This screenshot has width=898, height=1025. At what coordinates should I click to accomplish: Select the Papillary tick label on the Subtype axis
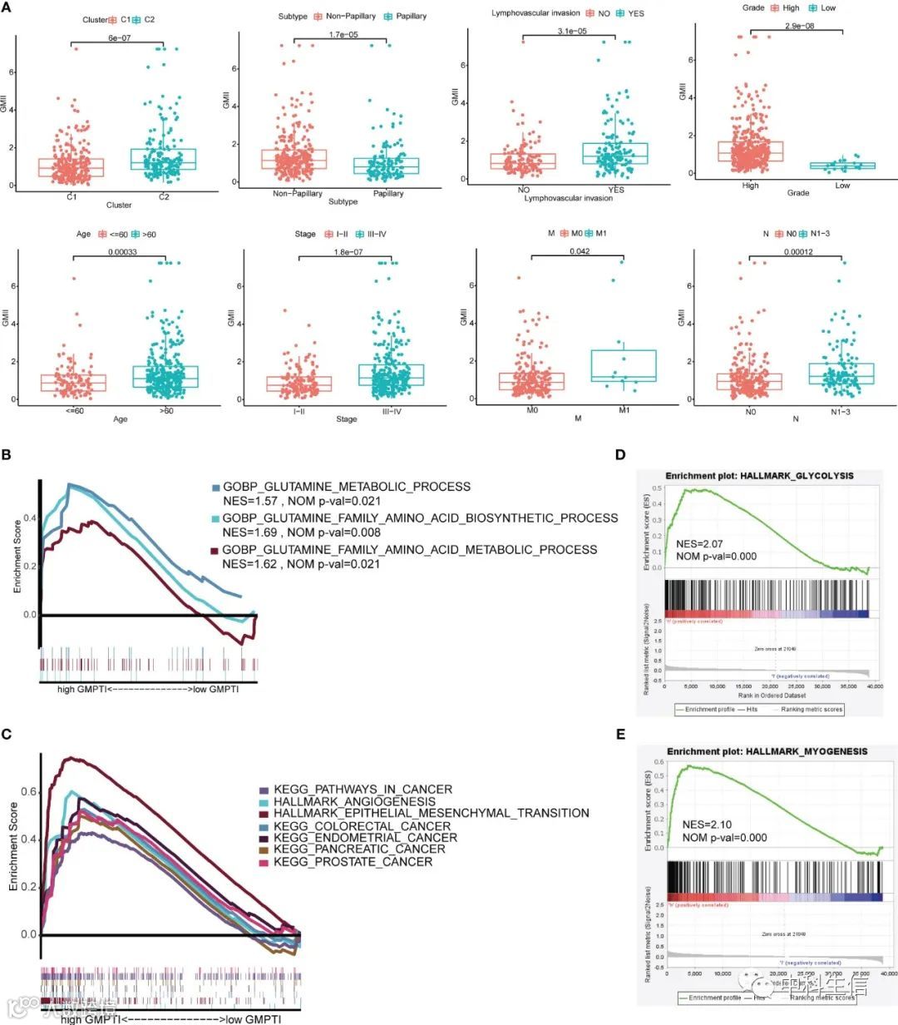tap(388, 193)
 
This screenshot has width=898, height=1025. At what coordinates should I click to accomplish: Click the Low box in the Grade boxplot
tap(842, 165)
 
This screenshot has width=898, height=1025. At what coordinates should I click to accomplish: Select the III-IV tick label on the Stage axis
tap(387, 410)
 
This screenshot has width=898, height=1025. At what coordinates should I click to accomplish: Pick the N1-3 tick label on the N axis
tap(842, 410)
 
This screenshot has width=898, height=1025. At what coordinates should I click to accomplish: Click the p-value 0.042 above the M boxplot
tap(580, 251)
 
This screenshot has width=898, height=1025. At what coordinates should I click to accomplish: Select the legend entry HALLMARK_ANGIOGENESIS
tap(354, 801)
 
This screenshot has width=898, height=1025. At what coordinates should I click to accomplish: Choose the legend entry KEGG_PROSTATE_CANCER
tap(353, 862)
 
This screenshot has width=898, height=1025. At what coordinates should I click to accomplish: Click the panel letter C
tap(7, 734)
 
